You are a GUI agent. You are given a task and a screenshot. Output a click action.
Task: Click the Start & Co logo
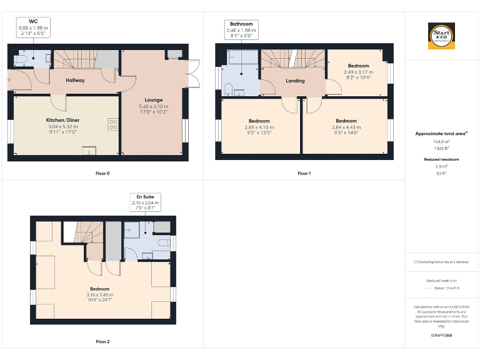pos(441,36)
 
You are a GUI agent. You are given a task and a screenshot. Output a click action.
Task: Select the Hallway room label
pos(76,80)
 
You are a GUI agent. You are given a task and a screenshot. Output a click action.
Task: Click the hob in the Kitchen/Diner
pos(113,124)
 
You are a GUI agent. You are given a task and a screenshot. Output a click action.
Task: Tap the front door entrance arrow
pos(9,80)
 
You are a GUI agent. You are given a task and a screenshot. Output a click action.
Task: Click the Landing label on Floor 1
pos(295,81)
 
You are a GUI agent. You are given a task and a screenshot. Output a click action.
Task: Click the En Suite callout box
pos(145,200)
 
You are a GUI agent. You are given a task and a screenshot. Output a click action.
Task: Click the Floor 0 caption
pos(101,172)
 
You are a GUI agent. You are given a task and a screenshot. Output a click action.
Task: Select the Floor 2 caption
pos(102,342)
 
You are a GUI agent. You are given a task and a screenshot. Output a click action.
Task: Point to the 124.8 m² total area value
pos(441,142)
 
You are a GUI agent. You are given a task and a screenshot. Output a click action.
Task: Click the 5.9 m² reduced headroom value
pos(441,167)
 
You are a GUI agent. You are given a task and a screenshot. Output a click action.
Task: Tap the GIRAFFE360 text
pos(441,336)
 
